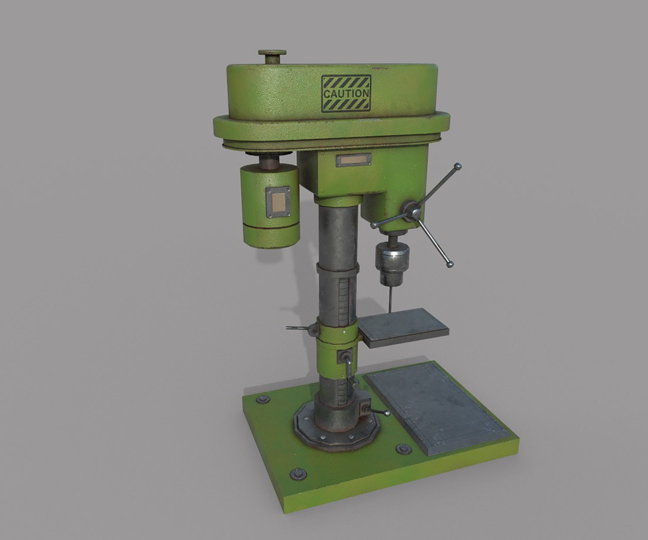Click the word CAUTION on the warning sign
(346, 93)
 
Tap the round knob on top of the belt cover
(272, 52)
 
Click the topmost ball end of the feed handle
(456, 165)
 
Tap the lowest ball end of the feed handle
(450, 263)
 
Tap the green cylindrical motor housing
(271, 204)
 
